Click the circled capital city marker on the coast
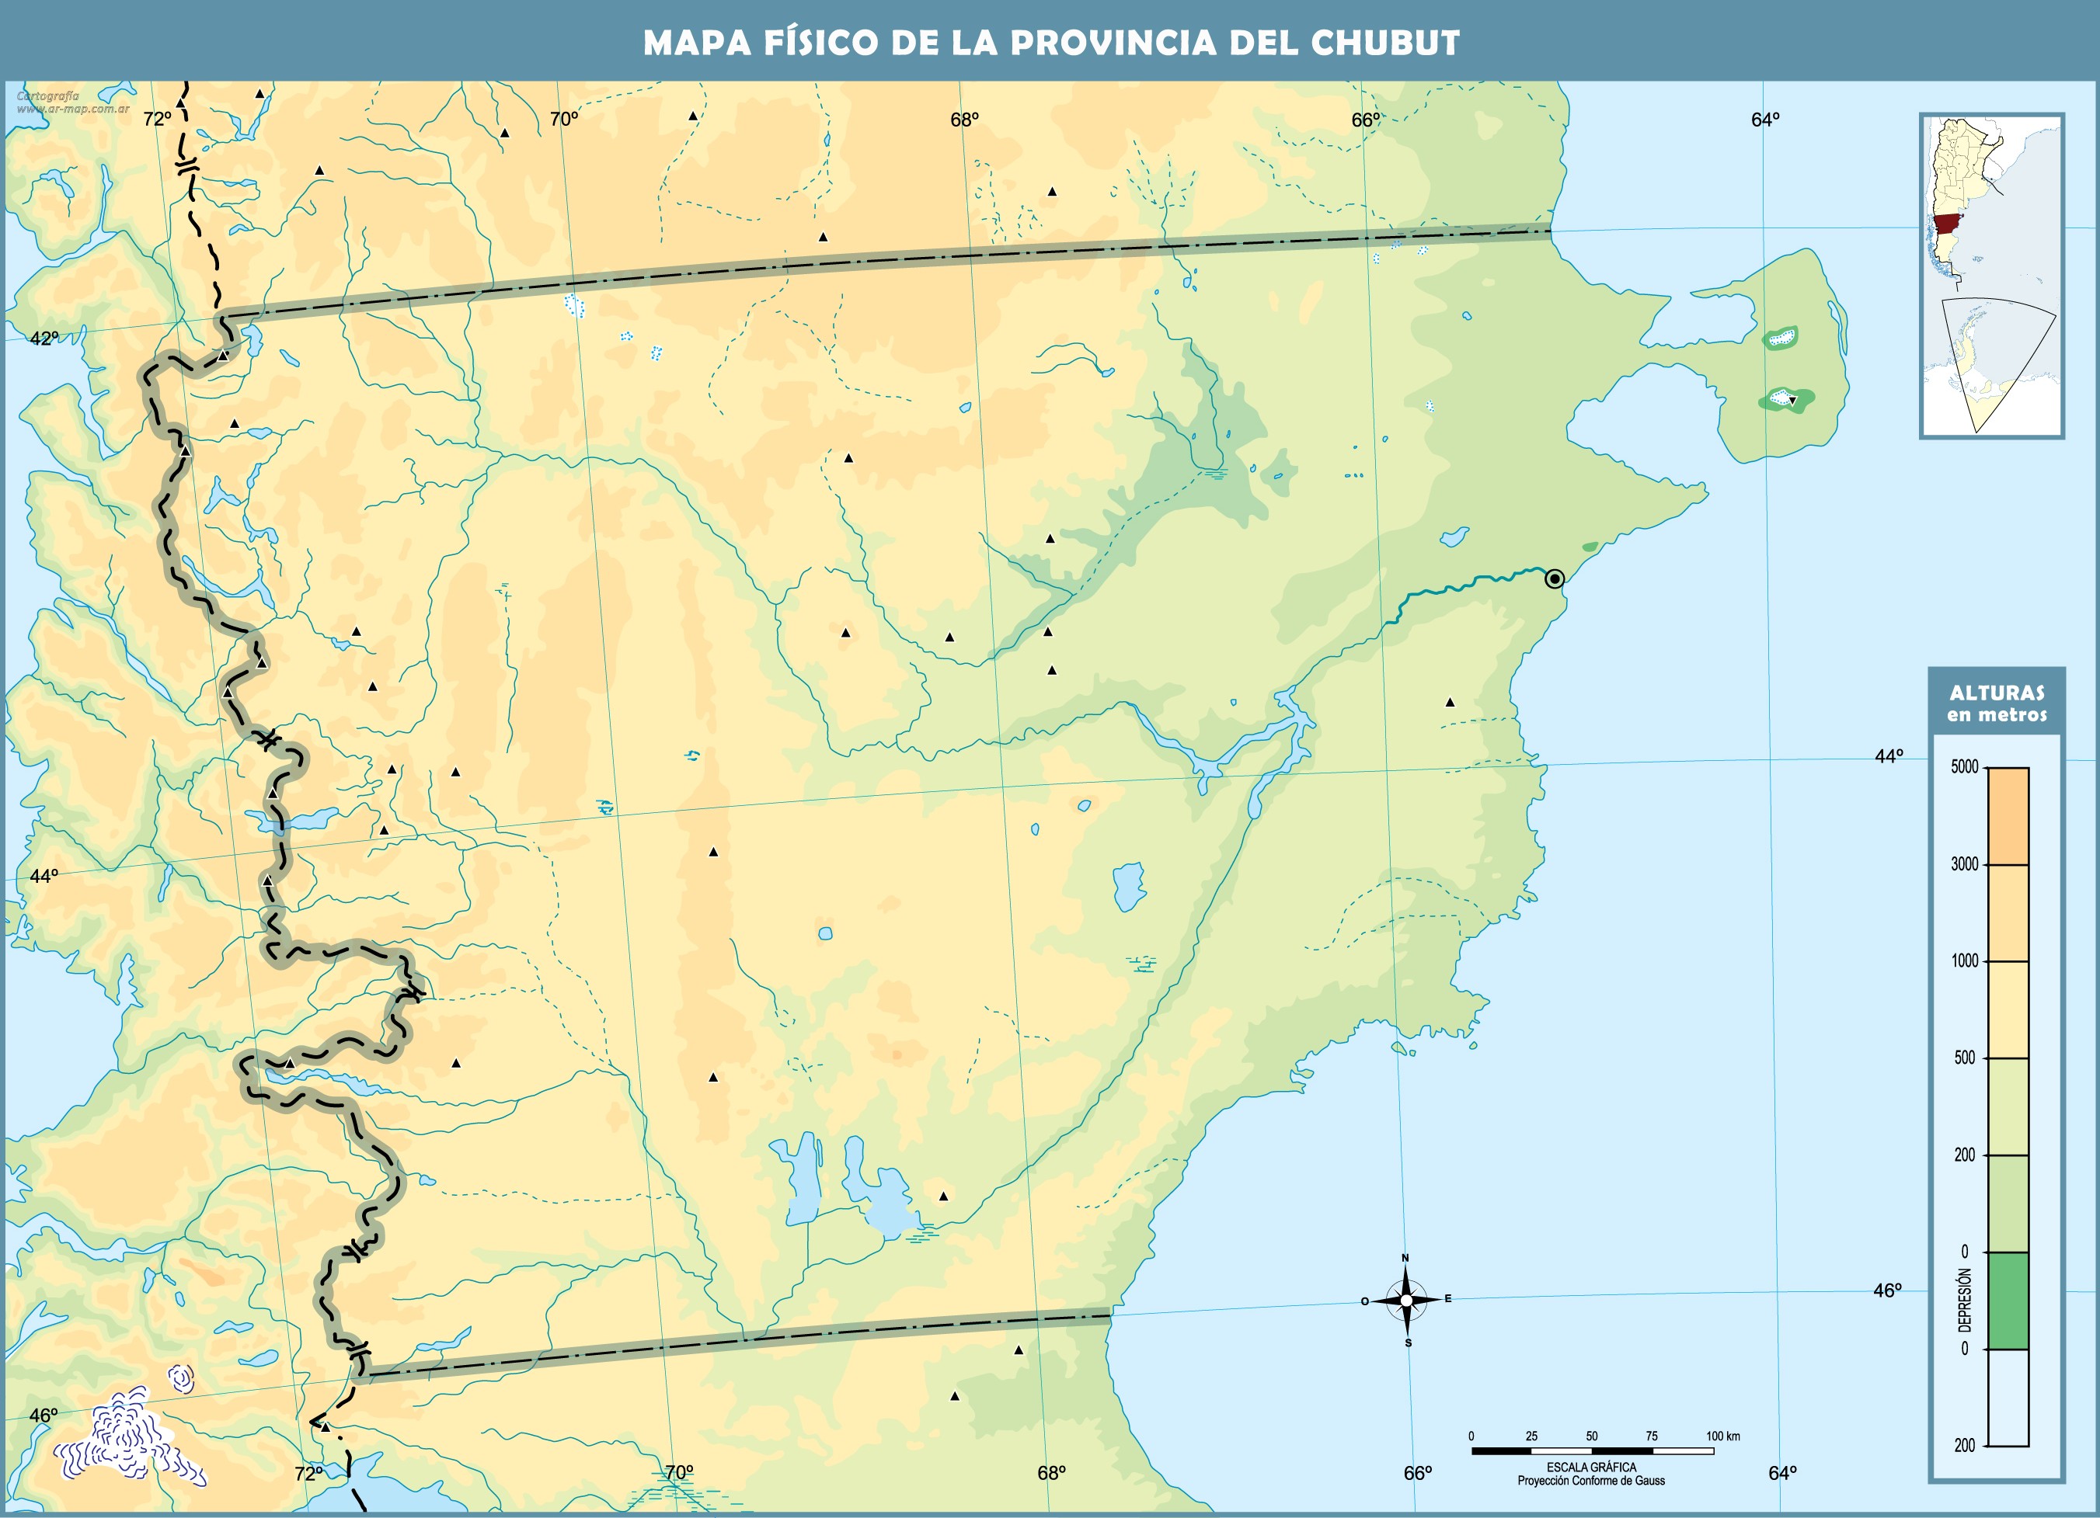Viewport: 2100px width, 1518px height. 1555,578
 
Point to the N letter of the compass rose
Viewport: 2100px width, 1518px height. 1405,1258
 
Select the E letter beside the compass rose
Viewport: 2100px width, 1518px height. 1448,1298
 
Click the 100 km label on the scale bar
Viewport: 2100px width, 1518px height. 1723,1436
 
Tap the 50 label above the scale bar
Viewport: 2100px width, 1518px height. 1592,1436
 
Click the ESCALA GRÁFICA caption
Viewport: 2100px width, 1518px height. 1592,1467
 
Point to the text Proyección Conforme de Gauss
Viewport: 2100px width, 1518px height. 1591,1481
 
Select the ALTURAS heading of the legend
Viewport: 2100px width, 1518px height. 1997,693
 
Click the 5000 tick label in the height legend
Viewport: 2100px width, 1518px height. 1964,767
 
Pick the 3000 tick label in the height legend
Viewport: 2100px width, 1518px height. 1964,864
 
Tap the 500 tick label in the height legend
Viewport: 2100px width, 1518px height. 1965,1058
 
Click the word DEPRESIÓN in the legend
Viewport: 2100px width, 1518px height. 1965,1300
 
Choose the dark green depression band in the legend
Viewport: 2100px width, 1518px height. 2008,1300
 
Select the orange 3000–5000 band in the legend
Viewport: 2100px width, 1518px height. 2008,815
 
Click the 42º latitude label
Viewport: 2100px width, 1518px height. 44,339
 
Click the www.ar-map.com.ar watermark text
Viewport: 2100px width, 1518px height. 72,108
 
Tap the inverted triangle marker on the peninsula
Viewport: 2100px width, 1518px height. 1792,400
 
